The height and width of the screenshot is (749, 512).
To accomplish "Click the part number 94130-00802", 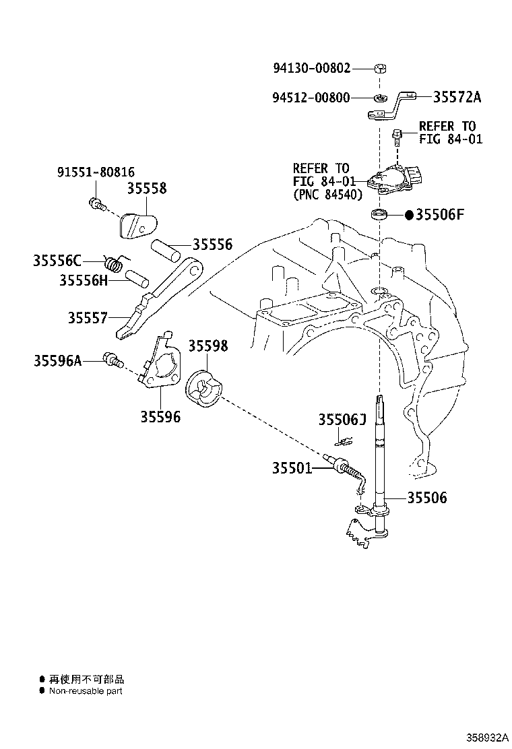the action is point(311,68).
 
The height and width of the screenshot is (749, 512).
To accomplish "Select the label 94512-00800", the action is point(311,98).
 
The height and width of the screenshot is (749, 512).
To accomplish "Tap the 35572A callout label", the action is point(457,97).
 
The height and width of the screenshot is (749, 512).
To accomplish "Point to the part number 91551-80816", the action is point(96,172).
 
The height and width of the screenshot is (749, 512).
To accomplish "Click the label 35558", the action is point(147,188).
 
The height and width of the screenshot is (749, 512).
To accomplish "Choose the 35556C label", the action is point(57,261).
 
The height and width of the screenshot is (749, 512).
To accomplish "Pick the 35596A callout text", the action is point(57,360).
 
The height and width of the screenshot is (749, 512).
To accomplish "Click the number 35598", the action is point(207,346).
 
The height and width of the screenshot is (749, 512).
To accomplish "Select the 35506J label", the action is point(342,420).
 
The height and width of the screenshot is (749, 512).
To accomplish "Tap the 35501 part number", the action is point(292,468).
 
